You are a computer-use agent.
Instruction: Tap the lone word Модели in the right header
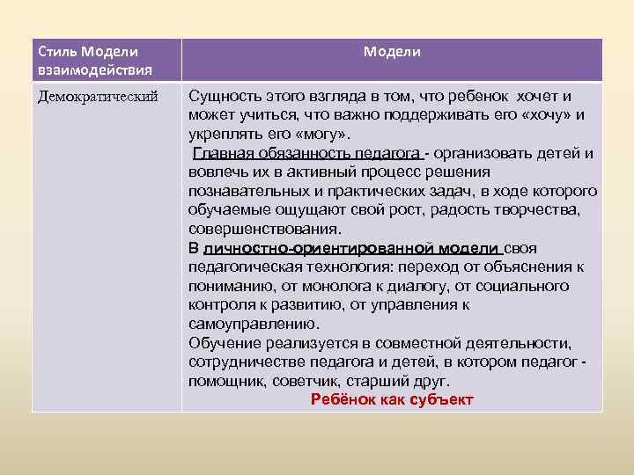click(392, 52)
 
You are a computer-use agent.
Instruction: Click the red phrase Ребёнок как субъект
click(392, 399)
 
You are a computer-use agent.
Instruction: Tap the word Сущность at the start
click(223, 96)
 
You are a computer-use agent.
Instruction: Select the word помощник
click(225, 381)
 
